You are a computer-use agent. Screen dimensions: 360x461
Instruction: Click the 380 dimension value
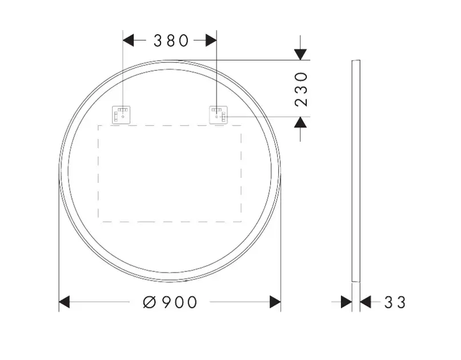[171, 41]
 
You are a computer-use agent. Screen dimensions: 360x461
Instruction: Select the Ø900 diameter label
[170, 302]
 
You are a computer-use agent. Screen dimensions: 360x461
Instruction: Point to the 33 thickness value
[395, 302]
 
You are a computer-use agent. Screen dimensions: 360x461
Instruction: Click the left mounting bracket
[122, 114]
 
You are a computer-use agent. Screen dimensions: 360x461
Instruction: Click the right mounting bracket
[218, 114]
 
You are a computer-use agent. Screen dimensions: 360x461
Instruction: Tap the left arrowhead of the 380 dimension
[129, 41]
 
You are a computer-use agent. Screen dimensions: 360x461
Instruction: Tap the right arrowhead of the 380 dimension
[211, 41]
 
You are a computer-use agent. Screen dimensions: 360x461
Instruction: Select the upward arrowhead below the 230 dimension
[300, 122]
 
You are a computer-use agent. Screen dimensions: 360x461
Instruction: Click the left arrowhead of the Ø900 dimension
[64, 302]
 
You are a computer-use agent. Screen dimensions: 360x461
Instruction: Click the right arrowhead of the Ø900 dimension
[275, 302]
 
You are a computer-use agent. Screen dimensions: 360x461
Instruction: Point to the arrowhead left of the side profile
[346, 302]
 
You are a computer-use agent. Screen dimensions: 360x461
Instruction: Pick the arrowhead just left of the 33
[366, 302]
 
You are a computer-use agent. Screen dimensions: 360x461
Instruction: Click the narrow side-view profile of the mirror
[356, 171]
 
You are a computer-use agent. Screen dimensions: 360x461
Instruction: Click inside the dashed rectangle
[170, 173]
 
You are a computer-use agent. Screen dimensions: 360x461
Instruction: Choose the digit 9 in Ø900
[165, 302]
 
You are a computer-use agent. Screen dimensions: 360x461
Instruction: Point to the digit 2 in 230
[301, 101]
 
